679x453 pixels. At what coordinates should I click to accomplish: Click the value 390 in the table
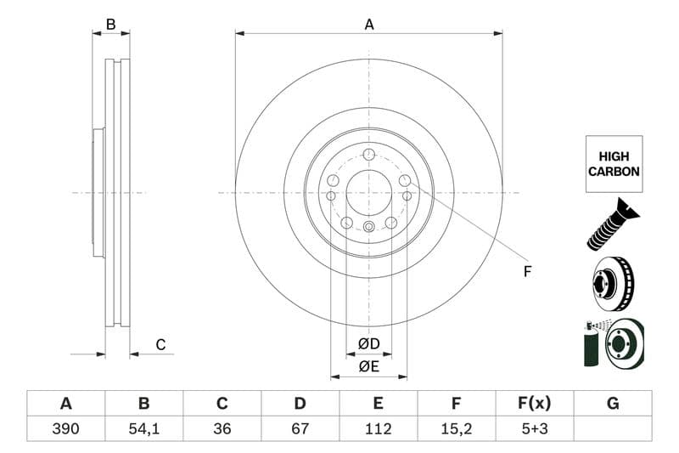[x=65, y=428]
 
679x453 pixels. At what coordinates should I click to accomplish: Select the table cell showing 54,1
[x=143, y=428]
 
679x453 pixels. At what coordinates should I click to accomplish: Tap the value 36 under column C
[x=222, y=428]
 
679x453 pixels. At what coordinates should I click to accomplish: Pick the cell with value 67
[x=300, y=428]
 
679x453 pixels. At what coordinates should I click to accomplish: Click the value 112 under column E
[x=379, y=428]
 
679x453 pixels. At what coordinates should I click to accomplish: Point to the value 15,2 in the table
[x=457, y=428]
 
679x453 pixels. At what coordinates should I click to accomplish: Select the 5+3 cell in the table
[x=535, y=428]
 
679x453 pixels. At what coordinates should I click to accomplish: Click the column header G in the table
[x=613, y=404]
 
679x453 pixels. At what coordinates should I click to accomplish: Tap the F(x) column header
[x=535, y=404]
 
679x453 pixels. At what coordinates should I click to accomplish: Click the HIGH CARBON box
[x=613, y=164]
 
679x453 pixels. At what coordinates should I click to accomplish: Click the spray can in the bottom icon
[x=592, y=343]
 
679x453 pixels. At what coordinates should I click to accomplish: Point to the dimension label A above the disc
[x=369, y=25]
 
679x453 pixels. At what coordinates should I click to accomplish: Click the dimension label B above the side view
[x=110, y=25]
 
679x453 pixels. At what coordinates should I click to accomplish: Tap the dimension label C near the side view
[x=160, y=344]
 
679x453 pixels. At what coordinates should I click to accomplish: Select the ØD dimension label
[x=368, y=344]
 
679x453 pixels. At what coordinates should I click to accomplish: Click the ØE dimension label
[x=368, y=366]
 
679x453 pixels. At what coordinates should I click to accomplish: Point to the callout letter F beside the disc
[x=527, y=272]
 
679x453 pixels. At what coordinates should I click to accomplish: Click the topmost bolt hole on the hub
[x=368, y=154]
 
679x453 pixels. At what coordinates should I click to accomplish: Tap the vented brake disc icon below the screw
[x=613, y=284]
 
